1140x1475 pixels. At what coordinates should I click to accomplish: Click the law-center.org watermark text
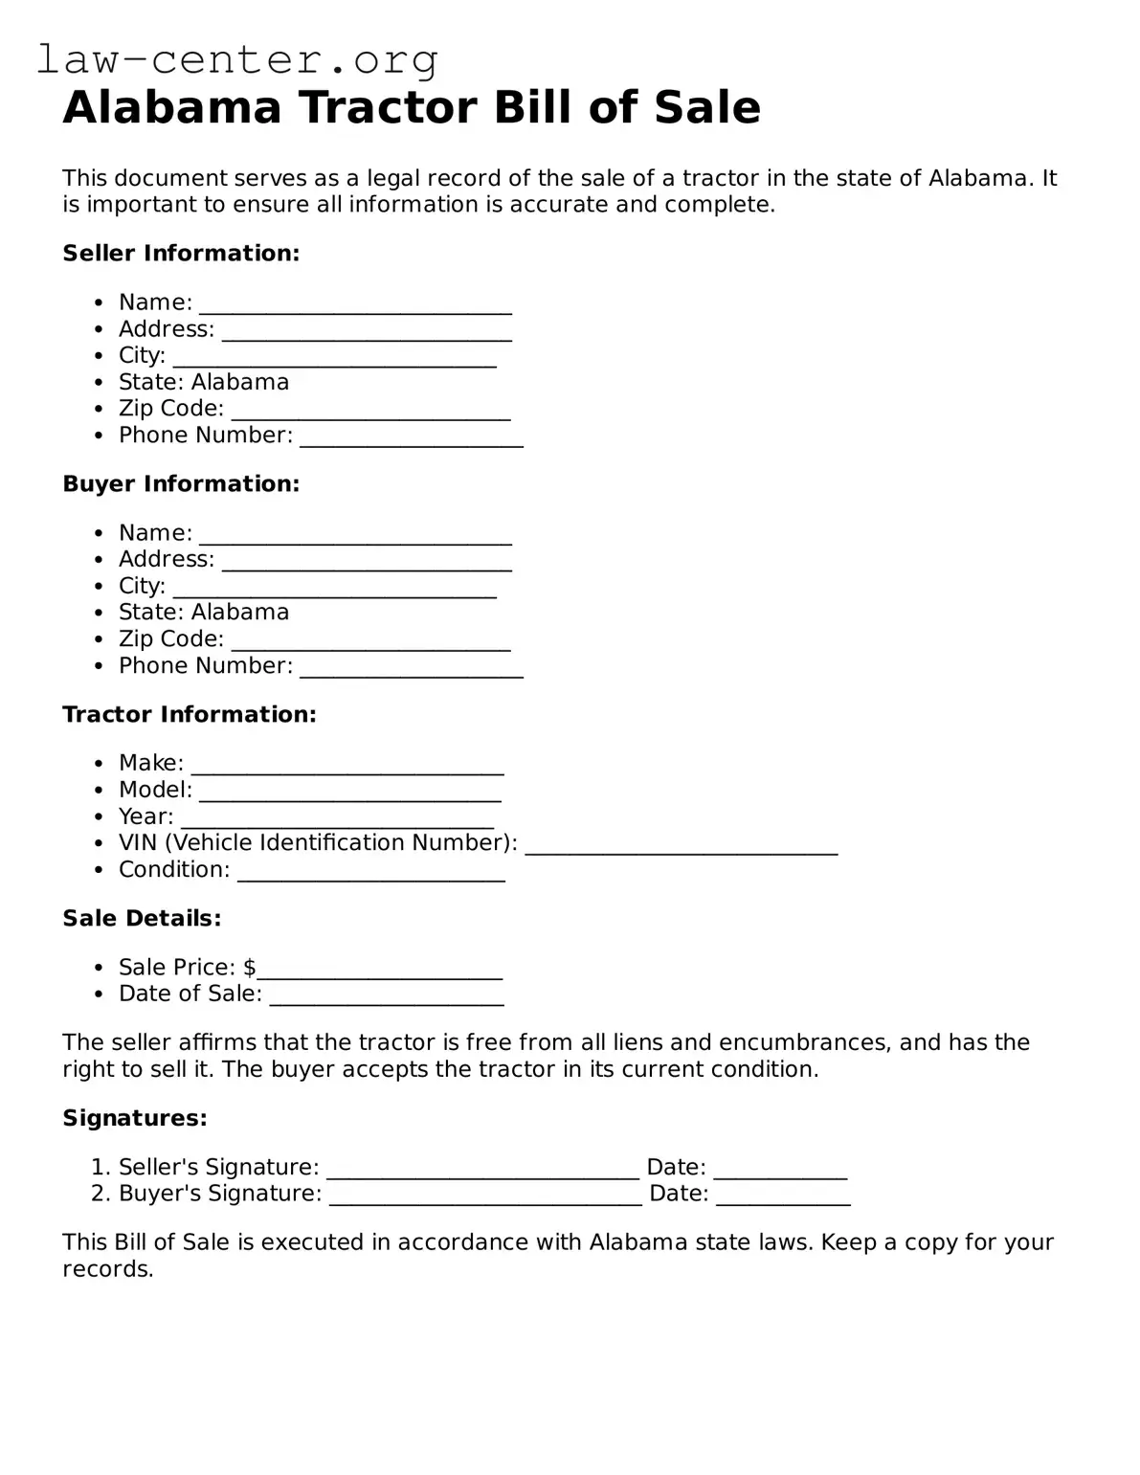pos(237,60)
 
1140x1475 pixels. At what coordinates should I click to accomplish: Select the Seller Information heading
pos(181,254)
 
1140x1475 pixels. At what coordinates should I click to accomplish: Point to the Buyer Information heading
pos(181,484)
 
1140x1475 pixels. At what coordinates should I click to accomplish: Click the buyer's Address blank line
pos(367,563)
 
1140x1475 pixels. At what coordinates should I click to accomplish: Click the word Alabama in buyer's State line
pos(240,613)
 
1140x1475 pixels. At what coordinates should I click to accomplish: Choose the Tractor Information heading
pos(190,715)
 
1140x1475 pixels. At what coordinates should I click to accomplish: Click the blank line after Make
pos(347,767)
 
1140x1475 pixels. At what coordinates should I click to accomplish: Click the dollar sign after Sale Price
pos(250,968)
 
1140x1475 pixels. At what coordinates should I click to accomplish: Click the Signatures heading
pos(135,1118)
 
